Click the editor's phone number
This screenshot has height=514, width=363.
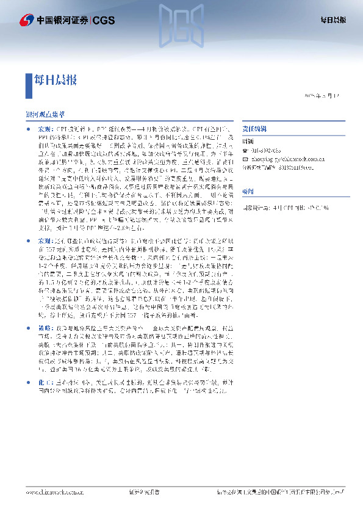[268, 150]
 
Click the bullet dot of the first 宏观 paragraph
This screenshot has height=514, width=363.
[28, 131]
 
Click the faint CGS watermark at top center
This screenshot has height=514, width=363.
[182, 23]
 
